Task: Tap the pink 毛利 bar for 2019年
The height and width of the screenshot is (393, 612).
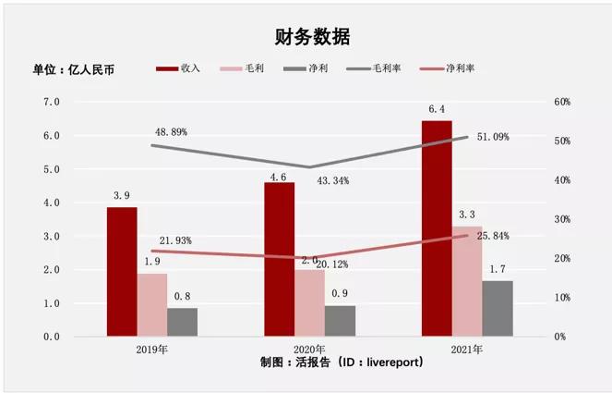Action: pyautogui.click(x=152, y=304)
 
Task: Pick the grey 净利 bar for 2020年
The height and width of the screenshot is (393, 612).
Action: pyautogui.click(x=340, y=321)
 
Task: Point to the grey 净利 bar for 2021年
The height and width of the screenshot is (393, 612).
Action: pyautogui.click(x=498, y=308)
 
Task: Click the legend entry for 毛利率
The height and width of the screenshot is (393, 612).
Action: pyautogui.click(x=378, y=69)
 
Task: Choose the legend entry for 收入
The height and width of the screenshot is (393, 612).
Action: pyautogui.click(x=180, y=69)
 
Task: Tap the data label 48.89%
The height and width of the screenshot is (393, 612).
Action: pyautogui.click(x=172, y=132)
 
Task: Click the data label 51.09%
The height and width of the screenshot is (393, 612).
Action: pyautogui.click(x=493, y=137)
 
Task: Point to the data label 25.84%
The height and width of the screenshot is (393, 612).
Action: pyautogui.click(x=493, y=237)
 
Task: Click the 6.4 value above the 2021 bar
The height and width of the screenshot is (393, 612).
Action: pyautogui.click(x=437, y=110)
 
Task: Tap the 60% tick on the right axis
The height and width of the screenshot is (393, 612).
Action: pyautogui.click(x=562, y=102)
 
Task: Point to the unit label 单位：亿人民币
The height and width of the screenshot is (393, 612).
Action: pyautogui.click(x=74, y=69)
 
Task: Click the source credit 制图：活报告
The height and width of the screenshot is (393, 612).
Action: pyautogui.click(x=342, y=362)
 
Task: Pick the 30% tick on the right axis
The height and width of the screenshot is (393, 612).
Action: pyautogui.click(x=562, y=219)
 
